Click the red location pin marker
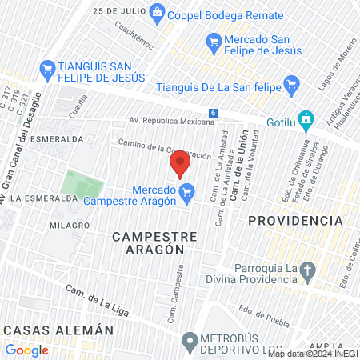(x=180, y=164)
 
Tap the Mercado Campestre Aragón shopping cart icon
(x=187, y=191)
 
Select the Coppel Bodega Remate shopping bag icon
(x=157, y=12)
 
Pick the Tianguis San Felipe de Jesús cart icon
(x=47, y=70)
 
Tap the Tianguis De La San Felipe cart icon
(x=292, y=82)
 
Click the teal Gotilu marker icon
(x=304, y=119)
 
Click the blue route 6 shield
(x=213, y=113)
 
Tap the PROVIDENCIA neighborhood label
(x=295, y=220)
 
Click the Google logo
(x=26, y=350)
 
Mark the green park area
(x=83, y=185)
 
